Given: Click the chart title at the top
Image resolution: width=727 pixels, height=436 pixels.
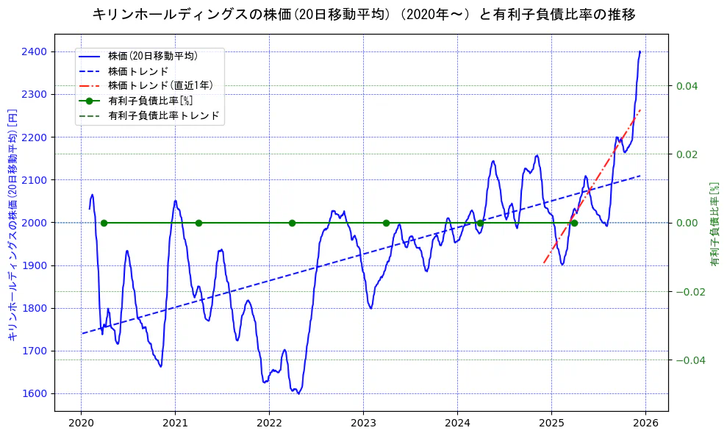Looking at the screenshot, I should coord(364,14).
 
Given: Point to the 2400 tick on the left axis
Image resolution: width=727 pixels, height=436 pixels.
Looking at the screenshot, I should coord(37,51).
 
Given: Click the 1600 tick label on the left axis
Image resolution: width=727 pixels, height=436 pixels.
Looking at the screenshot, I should coord(37,393).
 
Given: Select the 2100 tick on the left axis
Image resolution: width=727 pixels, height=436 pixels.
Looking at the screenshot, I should coord(37,179).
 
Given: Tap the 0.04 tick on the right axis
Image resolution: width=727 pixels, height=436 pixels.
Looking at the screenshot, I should coord(686,86).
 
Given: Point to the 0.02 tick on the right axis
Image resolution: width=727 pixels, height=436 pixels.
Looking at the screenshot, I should coord(686,154).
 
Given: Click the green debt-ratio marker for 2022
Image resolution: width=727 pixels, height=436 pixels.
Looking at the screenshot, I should coord(292,223).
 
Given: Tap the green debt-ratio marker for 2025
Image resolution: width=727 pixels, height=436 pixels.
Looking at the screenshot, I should coord(574,223).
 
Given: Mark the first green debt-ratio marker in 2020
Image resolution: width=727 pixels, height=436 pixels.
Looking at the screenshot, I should coord(104,223).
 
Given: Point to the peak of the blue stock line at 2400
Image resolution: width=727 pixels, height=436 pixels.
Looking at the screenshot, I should coord(640,51).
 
